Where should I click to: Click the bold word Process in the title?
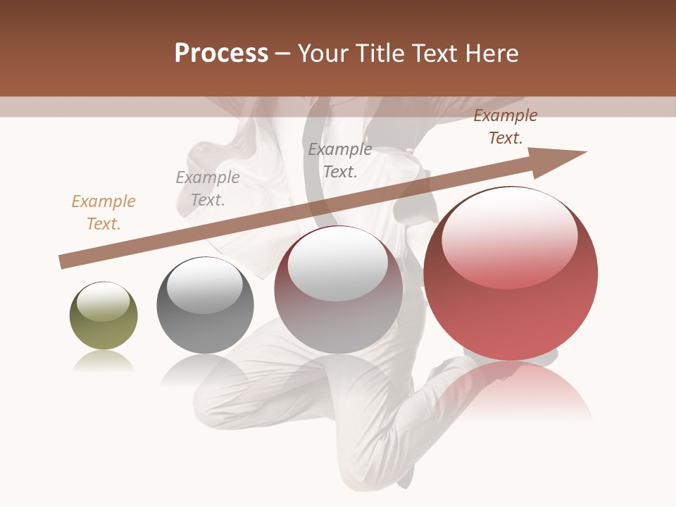click(221, 54)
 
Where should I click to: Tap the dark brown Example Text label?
click(506, 127)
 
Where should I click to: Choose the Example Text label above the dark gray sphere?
click(208, 189)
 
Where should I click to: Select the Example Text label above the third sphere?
click(340, 160)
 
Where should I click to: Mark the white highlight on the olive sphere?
click(103, 301)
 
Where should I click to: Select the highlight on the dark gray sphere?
click(204, 286)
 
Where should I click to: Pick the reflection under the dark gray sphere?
click(204, 369)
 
